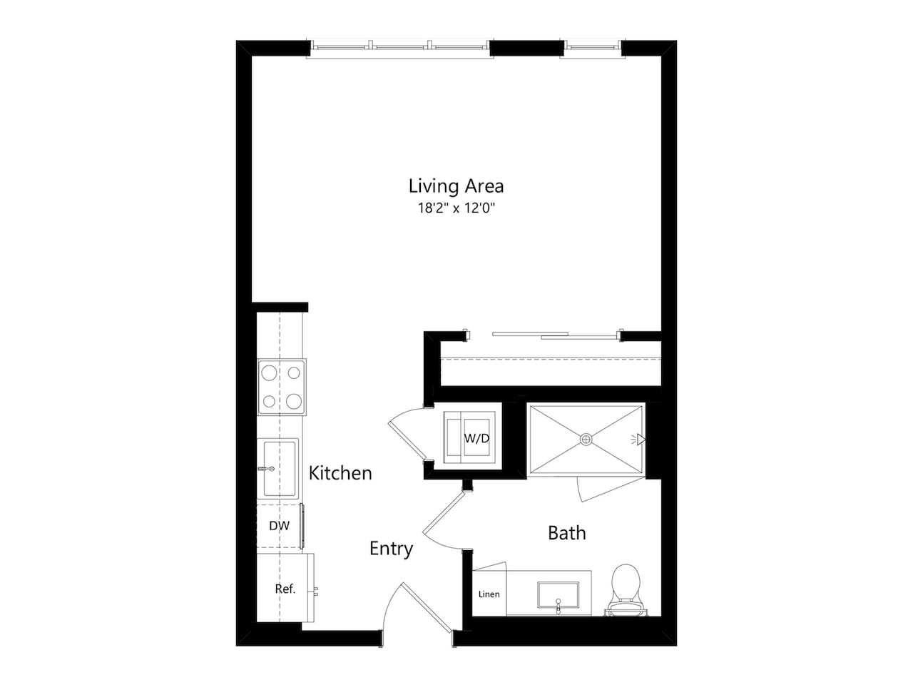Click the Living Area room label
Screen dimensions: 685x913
click(x=456, y=186)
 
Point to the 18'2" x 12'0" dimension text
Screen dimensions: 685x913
click(x=456, y=208)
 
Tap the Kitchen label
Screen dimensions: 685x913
click(x=340, y=473)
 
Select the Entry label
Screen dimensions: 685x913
click(x=391, y=549)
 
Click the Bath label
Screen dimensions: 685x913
click(x=566, y=533)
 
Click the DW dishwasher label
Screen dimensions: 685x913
click(x=279, y=527)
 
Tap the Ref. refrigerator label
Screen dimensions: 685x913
click(x=285, y=589)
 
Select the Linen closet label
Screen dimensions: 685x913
click(x=489, y=594)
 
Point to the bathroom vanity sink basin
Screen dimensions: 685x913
click(x=558, y=594)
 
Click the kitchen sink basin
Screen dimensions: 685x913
click(x=280, y=468)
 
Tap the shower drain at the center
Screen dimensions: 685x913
click(x=586, y=439)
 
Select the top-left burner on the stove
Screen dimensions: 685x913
click(x=270, y=372)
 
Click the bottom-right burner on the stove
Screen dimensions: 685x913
click(x=294, y=400)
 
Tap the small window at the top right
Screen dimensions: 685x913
click(x=591, y=48)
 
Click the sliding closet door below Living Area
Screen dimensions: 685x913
click(x=542, y=334)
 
